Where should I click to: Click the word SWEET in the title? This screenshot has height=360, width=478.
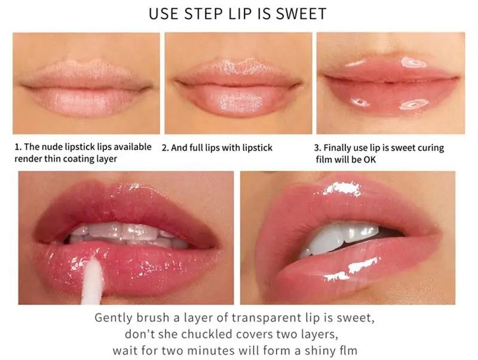(301, 14)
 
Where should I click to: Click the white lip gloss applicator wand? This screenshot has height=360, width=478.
(93, 280)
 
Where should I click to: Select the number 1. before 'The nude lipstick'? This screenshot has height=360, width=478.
(18, 147)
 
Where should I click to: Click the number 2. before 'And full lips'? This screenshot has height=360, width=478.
(166, 148)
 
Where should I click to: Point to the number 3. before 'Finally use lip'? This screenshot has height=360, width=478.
(317, 148)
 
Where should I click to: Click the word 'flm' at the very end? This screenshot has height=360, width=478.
(348, 350)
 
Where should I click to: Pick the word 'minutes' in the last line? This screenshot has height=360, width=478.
(211, 350)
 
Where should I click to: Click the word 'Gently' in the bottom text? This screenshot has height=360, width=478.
(114, 318)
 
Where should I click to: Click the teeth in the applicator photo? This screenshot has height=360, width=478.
(128, 235)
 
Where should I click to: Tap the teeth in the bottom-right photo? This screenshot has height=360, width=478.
(338, 238)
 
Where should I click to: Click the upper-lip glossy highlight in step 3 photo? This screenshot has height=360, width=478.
(413, 63)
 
